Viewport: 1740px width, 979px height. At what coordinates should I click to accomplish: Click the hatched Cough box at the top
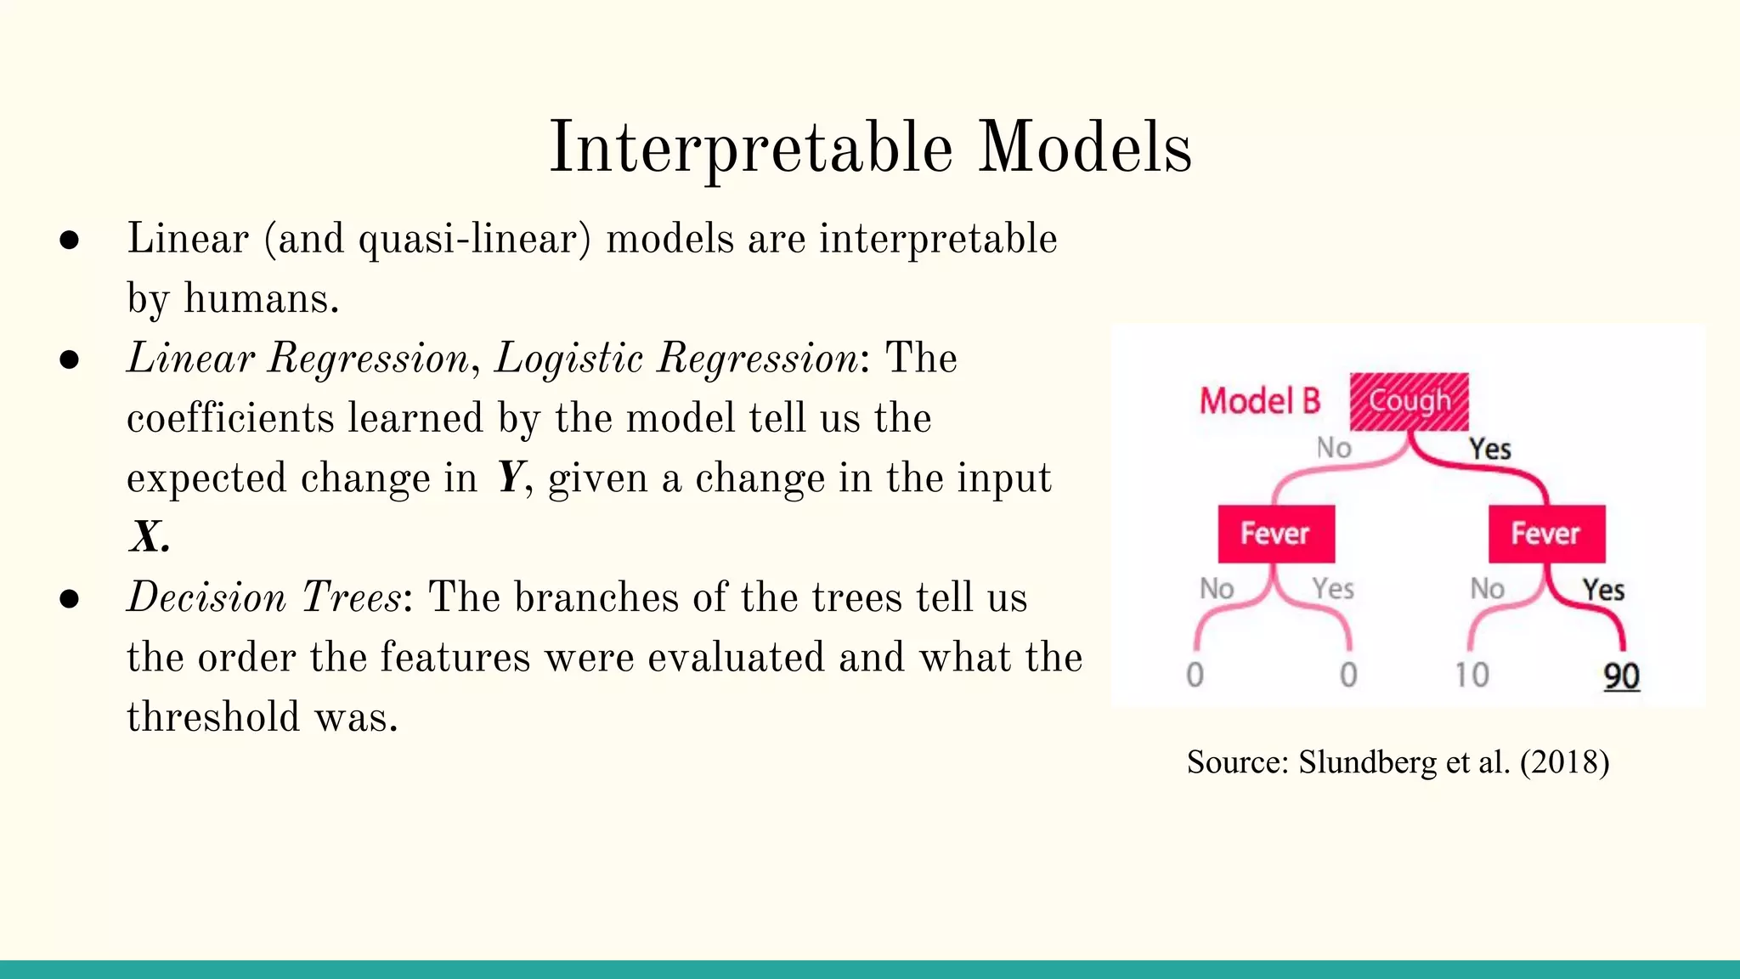(x=1409, y=401)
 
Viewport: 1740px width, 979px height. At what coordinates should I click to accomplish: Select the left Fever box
(x=1275, y=534)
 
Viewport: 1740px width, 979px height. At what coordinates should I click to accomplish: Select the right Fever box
(x=1545, y=534)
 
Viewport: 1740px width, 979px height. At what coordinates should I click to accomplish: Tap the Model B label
(x=1260, y=401)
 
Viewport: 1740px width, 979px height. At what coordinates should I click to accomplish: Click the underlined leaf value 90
(x=1621, y=676)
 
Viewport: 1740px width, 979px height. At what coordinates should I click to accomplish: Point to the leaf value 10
(x=1472, y=676)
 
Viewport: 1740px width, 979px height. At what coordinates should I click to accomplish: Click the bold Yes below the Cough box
(x=1490, y=449)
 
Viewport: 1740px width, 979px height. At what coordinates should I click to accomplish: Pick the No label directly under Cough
(x=1333, y=448)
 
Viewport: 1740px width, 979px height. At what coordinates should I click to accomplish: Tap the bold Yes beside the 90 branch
(x=1603, y=590)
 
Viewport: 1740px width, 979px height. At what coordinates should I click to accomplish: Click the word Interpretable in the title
(x=751, y=149)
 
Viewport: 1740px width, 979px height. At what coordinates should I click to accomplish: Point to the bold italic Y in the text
(x=509, y=478)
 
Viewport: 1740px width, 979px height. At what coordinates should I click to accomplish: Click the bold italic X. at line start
(x=149, y=538)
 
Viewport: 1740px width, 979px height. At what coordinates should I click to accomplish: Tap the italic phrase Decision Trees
(x=263, y=597)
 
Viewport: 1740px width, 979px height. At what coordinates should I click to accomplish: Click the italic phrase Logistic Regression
(x=676, y=358)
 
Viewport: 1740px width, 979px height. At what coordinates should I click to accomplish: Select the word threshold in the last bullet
(x=213, y=717)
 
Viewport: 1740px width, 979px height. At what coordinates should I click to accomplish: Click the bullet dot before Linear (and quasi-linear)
(x=70, y=241)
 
